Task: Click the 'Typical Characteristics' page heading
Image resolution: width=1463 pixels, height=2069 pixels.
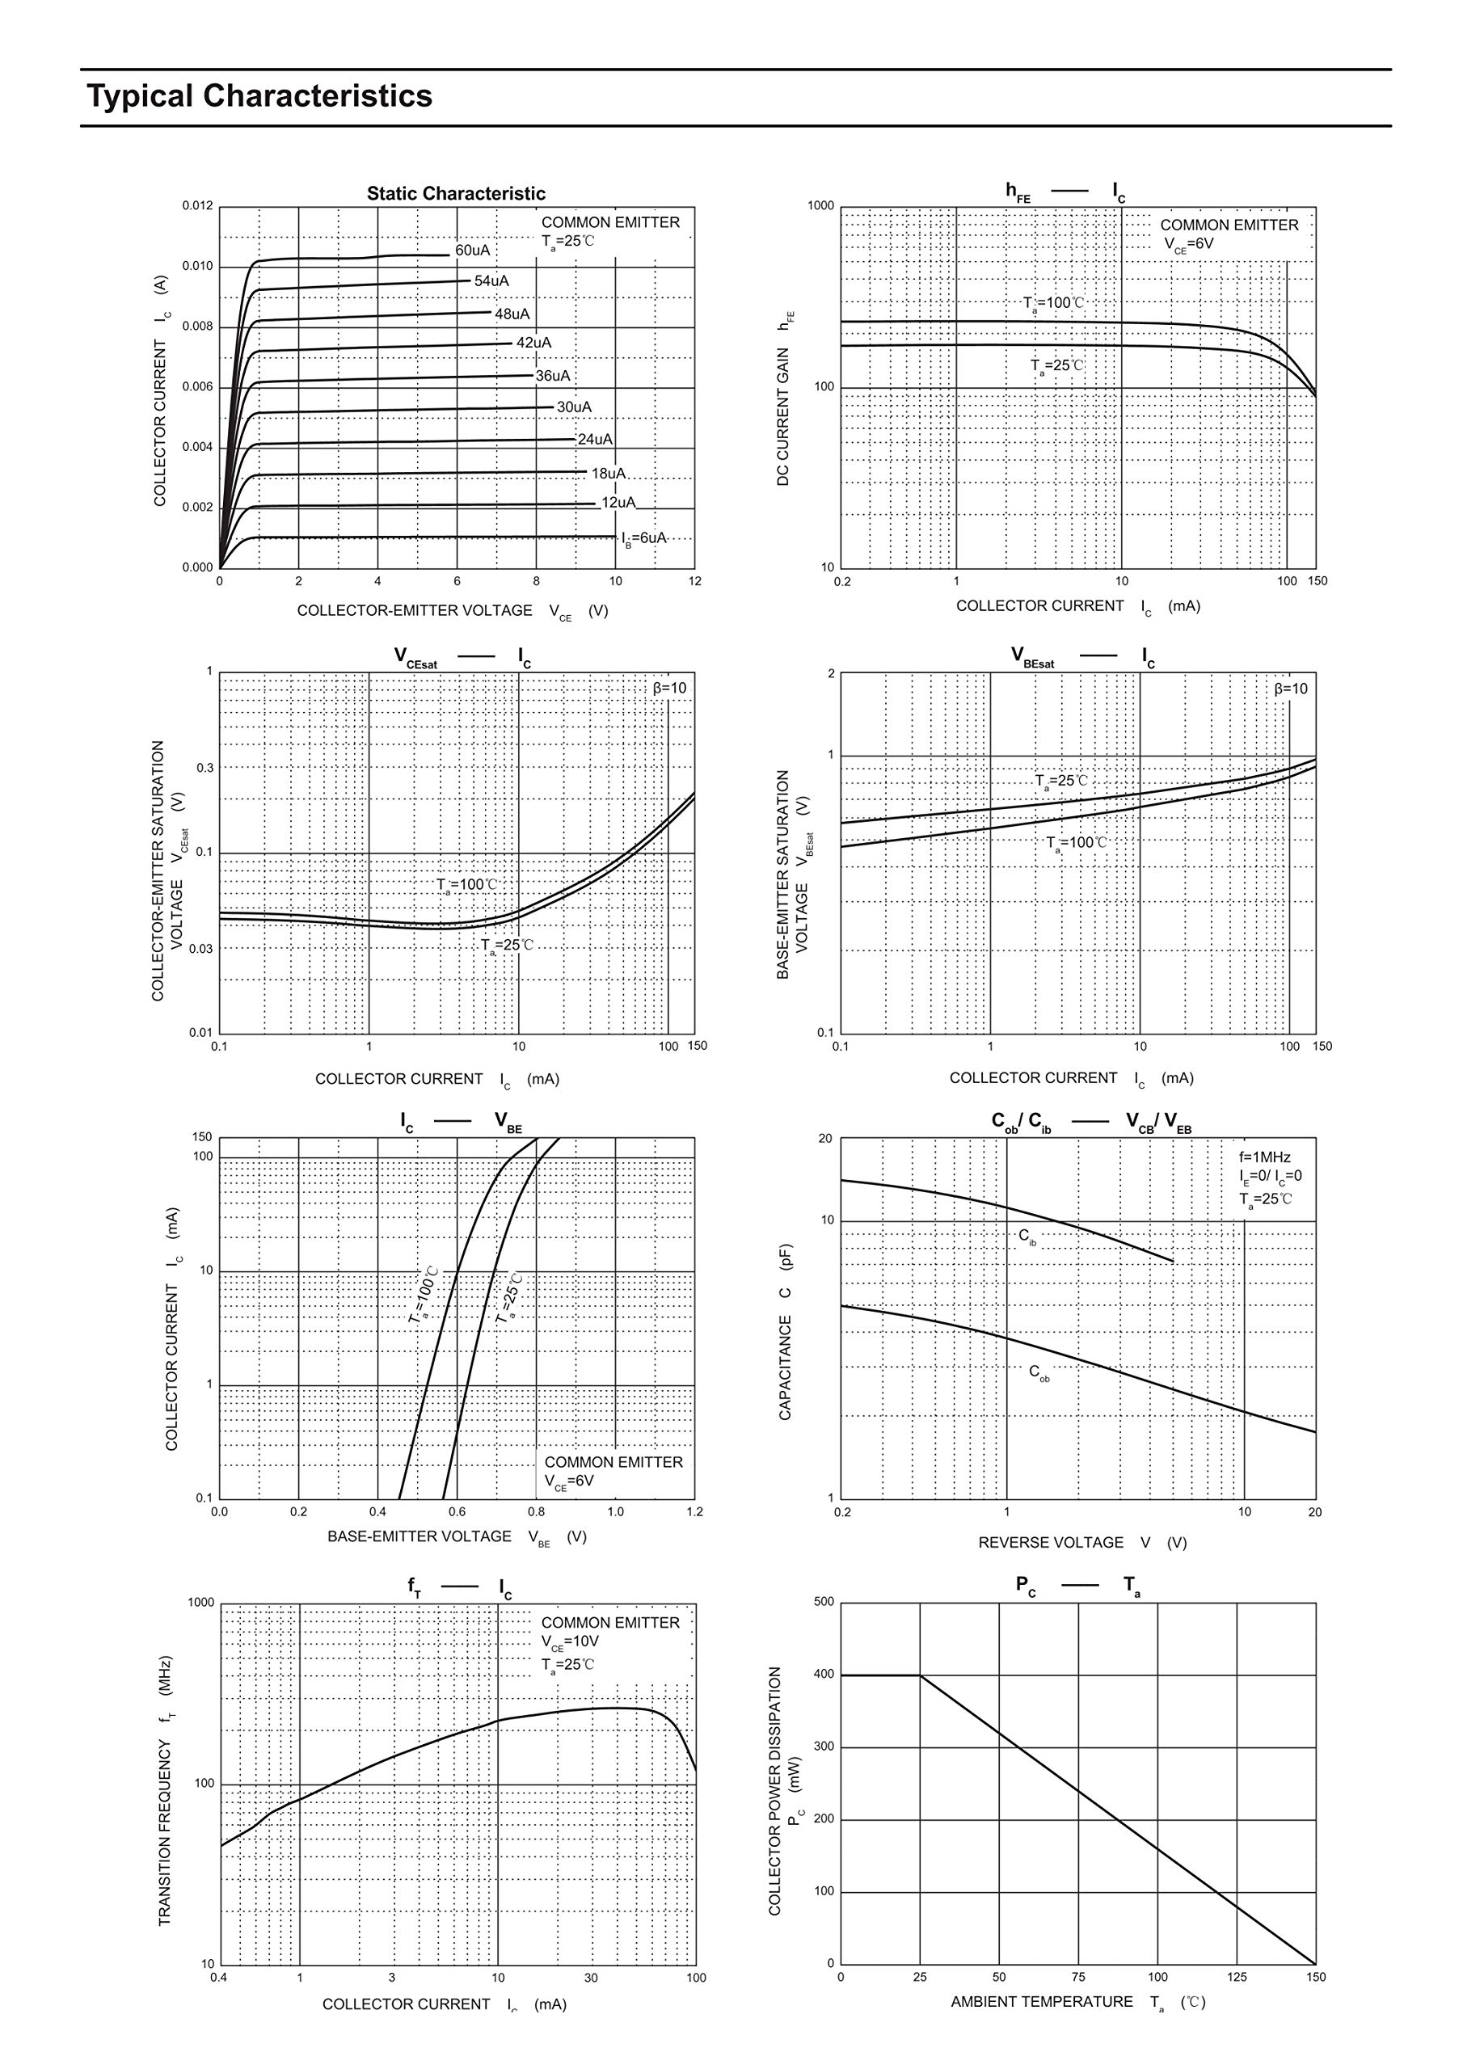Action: (259, 95)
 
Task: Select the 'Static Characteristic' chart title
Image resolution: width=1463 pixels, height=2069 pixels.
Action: (455, 194)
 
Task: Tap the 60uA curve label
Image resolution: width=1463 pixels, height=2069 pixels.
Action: (472, 251)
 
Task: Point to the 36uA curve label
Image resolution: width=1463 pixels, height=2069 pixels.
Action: (553, 376)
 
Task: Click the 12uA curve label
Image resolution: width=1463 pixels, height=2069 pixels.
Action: (618, 503)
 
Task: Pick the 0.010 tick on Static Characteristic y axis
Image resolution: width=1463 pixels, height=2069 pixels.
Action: (197, 267)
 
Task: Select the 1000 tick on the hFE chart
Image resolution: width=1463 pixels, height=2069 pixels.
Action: (821, 206)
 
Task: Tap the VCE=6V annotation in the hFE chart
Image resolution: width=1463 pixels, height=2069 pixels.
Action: (1188, 244)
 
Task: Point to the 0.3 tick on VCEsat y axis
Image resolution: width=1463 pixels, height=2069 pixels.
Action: (205, 768)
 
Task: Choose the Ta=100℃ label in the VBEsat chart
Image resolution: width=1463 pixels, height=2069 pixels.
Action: (1077, 844)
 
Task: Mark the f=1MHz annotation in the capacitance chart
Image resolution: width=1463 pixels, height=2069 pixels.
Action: (1265, 1157)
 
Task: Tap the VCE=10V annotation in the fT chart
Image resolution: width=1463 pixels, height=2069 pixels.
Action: (570, 1641)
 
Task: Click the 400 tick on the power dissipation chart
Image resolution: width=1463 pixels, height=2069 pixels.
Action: (824, 1675)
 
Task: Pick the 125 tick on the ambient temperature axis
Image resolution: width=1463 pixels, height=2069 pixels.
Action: (1237, 1977)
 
